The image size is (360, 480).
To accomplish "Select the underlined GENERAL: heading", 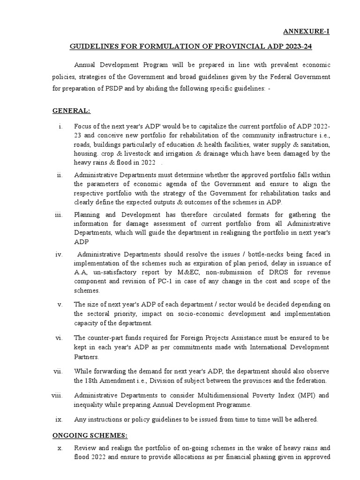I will pos(71,111).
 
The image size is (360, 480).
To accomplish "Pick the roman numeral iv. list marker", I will pos(59,255).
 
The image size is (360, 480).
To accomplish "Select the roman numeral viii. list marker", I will pos(57,396).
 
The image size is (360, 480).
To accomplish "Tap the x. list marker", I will pos(60,448).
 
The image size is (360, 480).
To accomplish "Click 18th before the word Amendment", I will pos(92,380).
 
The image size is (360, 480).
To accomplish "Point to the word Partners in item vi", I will pos(86,356).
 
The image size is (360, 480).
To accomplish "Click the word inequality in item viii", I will pos(90,405).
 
